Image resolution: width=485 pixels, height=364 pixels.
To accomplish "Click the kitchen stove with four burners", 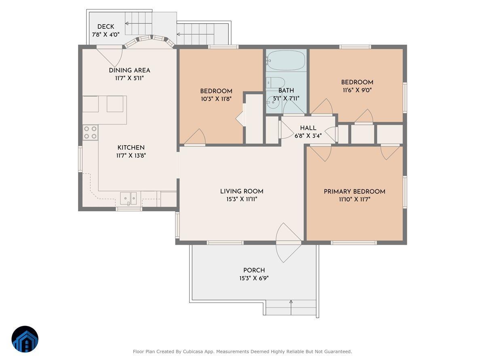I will click(91, 132).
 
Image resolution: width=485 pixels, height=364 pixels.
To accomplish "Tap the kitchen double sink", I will click(129, 198).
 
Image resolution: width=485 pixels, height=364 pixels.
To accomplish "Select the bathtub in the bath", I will click(286, 61).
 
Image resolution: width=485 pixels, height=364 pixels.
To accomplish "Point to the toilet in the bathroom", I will click(275, 83).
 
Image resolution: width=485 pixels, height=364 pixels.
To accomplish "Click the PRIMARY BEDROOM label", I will click(354, 192).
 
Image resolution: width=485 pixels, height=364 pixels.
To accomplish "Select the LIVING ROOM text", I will click(242, 191).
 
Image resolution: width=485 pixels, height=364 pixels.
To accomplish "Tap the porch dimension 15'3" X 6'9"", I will click(254, 278).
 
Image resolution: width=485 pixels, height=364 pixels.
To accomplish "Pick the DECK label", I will click(105, 27).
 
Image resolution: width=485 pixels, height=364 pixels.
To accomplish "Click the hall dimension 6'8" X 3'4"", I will click(308, 136).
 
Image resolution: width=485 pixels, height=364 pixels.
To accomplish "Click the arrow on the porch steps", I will click(291, 307).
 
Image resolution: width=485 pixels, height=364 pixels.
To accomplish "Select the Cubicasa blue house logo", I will click(25, 339).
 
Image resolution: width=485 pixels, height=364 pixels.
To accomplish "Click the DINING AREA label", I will click(129, 70).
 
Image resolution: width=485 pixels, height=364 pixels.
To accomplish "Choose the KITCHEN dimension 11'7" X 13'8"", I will click(131, 155).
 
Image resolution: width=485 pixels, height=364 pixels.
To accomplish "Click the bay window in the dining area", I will click(150, 40).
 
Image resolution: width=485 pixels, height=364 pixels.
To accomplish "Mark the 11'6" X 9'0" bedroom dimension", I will click(357, 90).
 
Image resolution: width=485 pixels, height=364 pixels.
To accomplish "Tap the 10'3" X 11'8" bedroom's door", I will click(196, 138).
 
